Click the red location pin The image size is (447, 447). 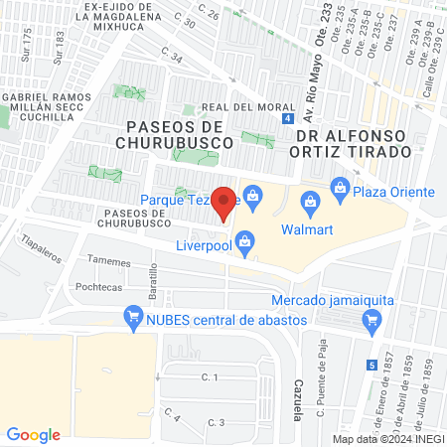coord(224,203)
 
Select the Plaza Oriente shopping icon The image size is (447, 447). coord(341,186)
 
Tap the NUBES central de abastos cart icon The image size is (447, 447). coord(132,318)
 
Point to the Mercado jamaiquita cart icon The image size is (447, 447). coord(372,319)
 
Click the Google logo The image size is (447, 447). coord(34,434)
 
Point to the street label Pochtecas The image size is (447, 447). coord(98,284)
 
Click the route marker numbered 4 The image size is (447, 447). coord(287,118)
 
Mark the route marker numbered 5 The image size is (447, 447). coord(372,365)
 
